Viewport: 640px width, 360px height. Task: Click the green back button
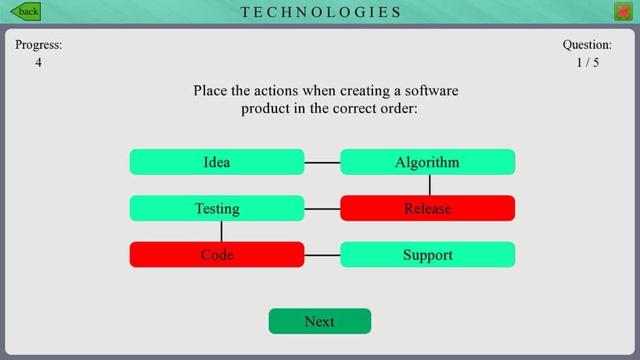click(25, 12)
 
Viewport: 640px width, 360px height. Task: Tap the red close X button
click(622, 12)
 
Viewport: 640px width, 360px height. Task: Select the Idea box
click(217, 162)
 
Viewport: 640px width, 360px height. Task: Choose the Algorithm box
click(428, 162)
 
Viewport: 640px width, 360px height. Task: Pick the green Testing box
click(217, 208)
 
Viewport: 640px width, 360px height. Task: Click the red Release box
click(428, 208)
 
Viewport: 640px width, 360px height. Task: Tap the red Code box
click(217, 255)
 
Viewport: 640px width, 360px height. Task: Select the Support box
click(428, 255)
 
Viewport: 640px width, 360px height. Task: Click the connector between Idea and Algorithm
click(322, 163)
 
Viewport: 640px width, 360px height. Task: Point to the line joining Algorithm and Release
click(430, 185)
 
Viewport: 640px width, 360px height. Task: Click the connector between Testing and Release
click(322, 209)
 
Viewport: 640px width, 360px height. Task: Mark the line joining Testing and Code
click(221, 231)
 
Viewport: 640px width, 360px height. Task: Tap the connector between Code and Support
click(322, 255)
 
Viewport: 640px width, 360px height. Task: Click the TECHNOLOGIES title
click(321, 12)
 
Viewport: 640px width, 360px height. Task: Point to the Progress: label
click(39, 45)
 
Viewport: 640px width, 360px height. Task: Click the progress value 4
click(39, 63)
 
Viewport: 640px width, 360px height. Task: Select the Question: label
click(587, 45)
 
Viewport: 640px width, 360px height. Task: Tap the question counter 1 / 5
click(587, 63)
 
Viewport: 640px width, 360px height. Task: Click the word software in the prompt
click(432, 91)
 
